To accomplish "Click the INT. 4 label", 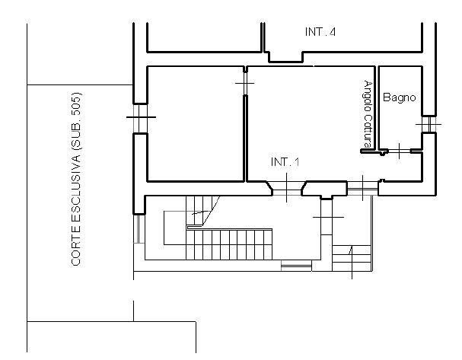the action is click(320, 32).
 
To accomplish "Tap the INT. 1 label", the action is click(285, 162).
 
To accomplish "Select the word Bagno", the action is click(400, 97).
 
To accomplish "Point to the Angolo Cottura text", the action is click(368, 113).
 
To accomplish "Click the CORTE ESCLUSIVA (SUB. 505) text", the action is click(76, 180).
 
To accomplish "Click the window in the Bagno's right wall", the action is click(429, 124).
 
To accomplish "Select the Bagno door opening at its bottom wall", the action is click(400, 151).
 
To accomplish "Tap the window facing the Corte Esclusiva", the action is click(140, 118).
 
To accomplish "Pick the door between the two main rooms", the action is click(245, 84).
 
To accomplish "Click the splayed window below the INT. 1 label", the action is click(287, 189).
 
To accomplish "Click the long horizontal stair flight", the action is click(229, 244).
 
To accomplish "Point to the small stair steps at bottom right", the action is click(352, 258).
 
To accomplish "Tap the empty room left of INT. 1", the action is click(196, 123).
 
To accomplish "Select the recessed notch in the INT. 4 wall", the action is click(286, 57).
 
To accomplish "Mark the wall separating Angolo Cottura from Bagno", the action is click(377, 108).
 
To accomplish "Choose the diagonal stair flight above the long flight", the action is click(203, 212).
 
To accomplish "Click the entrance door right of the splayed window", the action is click(362, 188).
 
